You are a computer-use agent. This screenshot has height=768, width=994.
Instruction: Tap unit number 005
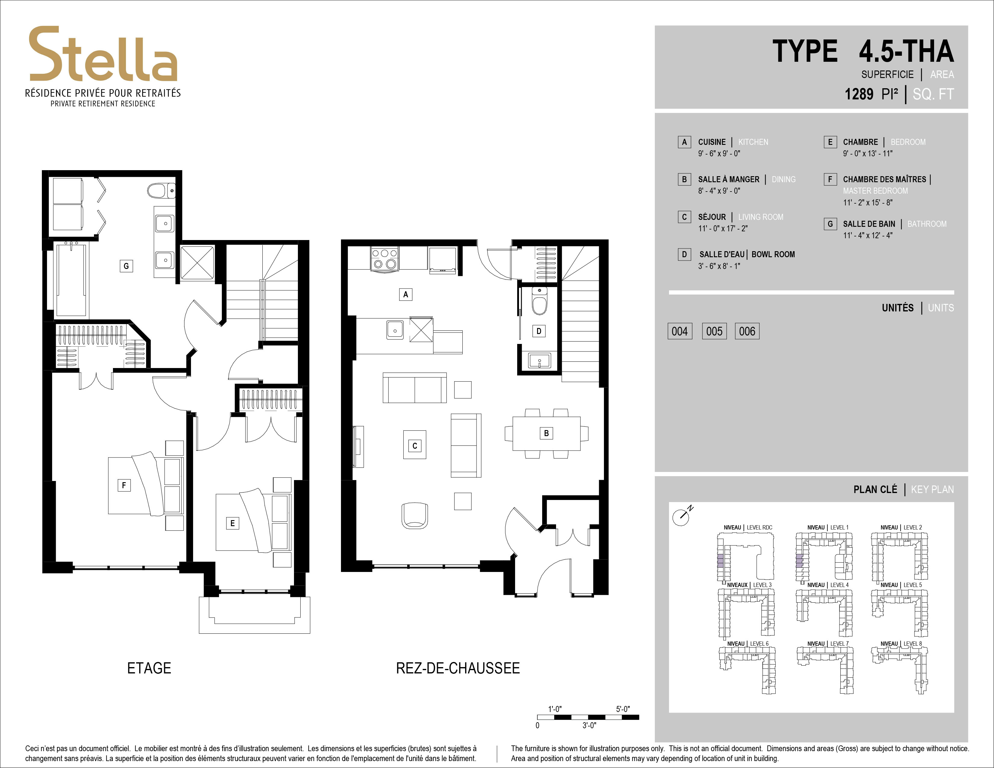[x=714, y=331]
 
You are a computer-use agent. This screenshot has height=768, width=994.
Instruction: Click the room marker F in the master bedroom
[x=124, y=485]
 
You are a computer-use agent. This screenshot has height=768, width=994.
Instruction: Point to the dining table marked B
[x=546, y=433]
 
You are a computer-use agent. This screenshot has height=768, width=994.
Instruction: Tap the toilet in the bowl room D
[x=539, y=301]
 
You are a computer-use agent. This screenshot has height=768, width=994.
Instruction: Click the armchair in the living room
[x=415, y=516]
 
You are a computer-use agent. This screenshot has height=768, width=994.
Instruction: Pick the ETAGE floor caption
[x=149, y=668]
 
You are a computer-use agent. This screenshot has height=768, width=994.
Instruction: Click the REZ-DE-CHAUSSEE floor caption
[x=458, y=668]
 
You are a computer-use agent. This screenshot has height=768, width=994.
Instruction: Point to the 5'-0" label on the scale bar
[x=623, y=709]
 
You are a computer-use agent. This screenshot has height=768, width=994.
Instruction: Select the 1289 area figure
[x=859, y=94]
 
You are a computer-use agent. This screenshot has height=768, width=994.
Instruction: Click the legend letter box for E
[x=830, y=142]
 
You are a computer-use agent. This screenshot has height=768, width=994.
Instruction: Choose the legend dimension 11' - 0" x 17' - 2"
[x=723, y=228]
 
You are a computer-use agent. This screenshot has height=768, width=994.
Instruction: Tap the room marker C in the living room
[x=415, y=446]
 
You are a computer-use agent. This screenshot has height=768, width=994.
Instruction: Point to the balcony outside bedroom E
[x=255, y=614]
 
